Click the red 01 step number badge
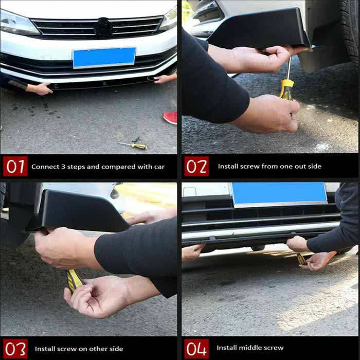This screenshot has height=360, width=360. (x=15, y=167)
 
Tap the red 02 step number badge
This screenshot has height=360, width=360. (x=196, y=167)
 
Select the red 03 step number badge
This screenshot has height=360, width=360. (x=15, y=348)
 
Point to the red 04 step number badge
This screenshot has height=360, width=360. (x=196, y=348)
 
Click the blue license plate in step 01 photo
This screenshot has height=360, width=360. (x=104, y=57)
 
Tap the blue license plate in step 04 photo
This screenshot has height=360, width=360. (x=279, y=193)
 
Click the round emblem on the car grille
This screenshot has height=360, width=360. (x=104, y=28)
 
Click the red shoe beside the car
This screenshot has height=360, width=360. (x=170, y=118)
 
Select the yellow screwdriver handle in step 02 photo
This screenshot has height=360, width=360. (x=286, y=88)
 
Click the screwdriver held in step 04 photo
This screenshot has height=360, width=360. (x=301, y=258)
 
